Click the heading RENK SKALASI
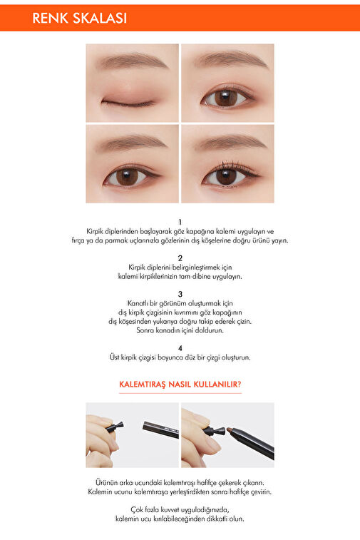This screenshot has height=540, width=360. point(80,19)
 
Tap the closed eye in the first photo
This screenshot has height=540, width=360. point(128,103)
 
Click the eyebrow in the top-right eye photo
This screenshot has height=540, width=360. point(231,58)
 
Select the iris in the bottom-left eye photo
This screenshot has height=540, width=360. point(127,177)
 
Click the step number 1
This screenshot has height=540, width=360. point(180,223)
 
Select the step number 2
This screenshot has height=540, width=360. point(180,258)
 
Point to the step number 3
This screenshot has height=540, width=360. point(180,294)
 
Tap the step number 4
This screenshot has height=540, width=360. point(180,348)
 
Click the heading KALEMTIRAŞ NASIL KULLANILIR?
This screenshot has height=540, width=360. point(180,384)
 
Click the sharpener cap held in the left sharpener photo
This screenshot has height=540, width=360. point(115,427)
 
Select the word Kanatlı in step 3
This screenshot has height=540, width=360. point(138,303)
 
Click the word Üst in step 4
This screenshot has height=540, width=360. point(114,357)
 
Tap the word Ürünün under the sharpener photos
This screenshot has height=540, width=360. point(106,482)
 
